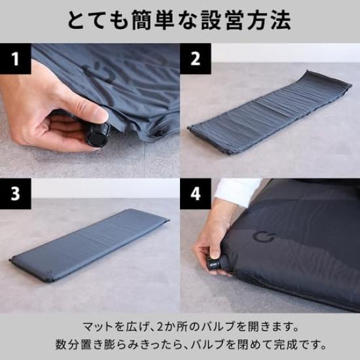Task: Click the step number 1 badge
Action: tap(15, 59)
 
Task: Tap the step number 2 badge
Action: tap(195, 59)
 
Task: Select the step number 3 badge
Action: tap(15, 194)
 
